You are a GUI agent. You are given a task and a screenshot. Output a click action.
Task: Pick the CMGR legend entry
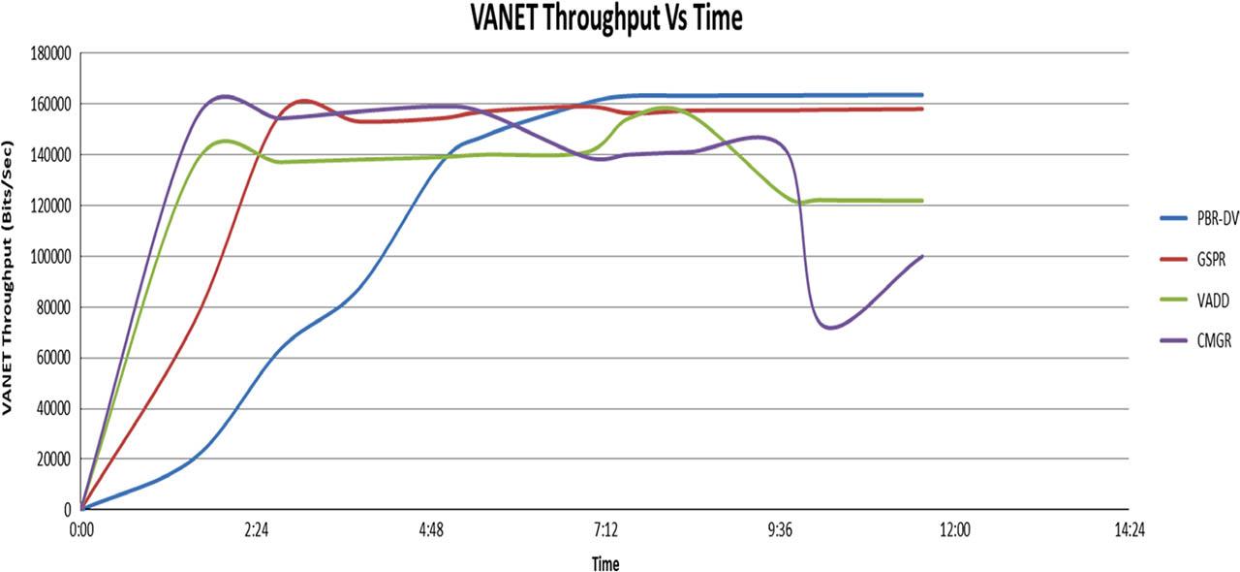coord(1208,343)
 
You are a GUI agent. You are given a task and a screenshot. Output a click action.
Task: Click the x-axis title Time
coord(604,563)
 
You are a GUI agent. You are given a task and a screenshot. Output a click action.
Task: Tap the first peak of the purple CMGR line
coord(224,96)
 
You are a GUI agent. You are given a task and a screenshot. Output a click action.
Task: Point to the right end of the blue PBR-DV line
coord(921,95)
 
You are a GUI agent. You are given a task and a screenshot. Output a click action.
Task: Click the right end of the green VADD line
coord(921,201)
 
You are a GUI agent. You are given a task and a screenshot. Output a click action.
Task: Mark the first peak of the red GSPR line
coord(302,100)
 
